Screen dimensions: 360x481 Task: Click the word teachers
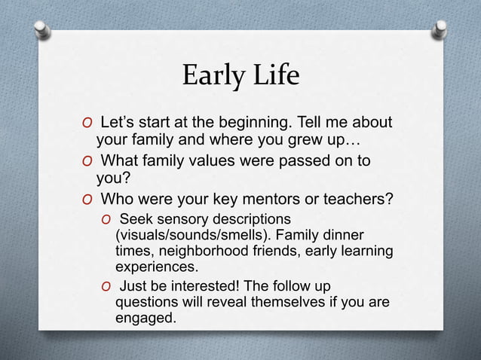pos(353,200)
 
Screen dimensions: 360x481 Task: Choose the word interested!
pos(199,287)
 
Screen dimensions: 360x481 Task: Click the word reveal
pos(221,303)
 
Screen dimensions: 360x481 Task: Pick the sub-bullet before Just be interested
pos(107,288)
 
